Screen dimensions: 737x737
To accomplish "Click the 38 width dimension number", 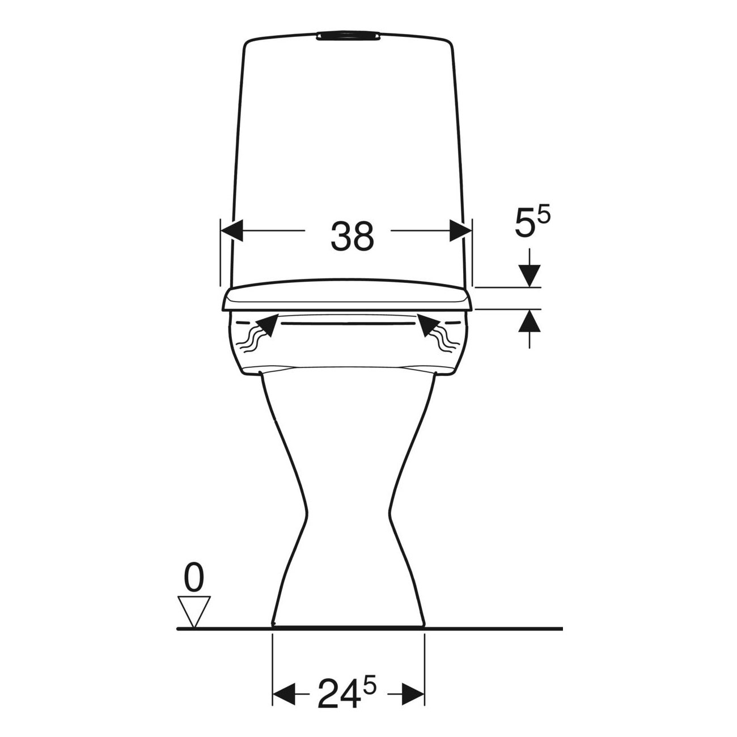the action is [x=352, y=236].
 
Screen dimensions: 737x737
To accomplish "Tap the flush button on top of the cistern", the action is [x=349, y=36].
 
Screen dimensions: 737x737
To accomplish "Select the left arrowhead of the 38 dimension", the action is [x=232, y=231].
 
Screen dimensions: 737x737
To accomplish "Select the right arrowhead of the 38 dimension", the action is [x=460, y=231].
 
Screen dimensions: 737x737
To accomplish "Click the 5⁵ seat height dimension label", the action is [x=532, y=223].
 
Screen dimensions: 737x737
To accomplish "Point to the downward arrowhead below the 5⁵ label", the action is [x=530, y=276].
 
